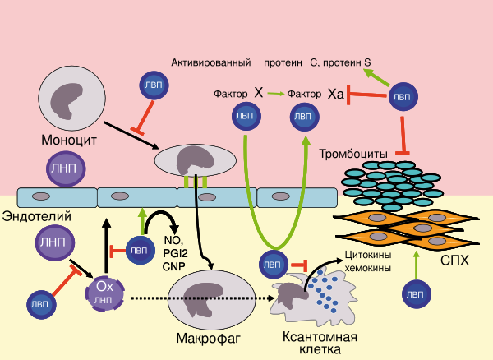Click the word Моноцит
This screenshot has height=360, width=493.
(69, 141)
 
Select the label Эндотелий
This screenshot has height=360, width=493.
(35, 216)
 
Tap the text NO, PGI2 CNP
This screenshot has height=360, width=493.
(176, 254)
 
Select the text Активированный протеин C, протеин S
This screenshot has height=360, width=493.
(271, 62)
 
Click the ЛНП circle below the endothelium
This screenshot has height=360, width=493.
(53, 242)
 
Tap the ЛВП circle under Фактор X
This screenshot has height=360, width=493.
(245, 116)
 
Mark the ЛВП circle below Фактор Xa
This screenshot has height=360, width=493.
(303, 117)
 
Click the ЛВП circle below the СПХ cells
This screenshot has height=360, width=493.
(418, 294)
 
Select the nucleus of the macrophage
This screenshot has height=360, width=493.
(200, 299)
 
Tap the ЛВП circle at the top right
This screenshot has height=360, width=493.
(401, 96)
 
